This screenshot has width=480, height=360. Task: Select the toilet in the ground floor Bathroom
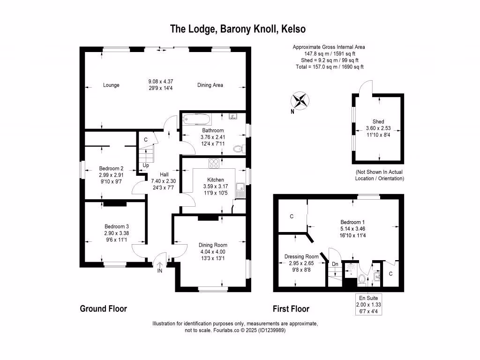pyautogui.click(x=239, y=149)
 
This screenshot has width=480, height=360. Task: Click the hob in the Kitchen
pyautogui.click(x=214, y=164)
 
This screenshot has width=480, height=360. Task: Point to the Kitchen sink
pyautogui.click(x=240, y=188)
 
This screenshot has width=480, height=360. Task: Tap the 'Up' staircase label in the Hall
pyautogui.click(x=146, y=165)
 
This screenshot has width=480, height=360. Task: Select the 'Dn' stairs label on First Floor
pyautogui.click(x=335, y=263)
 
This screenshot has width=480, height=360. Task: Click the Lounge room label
pyautogui.click(x=111, y=85)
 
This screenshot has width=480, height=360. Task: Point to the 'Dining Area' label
pyautogui.click(x=210, y=85)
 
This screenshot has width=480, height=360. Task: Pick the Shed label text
pyautogui.click(x=378, y=122)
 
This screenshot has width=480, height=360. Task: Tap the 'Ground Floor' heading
pyautogui.click(x=103, y=308)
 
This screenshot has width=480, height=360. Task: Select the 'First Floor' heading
pyautogui.click(x=291, y=309)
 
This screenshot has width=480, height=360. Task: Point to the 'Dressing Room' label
pyautogui.click(x=301, y=256)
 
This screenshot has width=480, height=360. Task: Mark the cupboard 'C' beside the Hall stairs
pyautogui.click(x=146, y=140)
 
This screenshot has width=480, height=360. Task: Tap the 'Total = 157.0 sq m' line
pyautogui.click(x=329, y=67)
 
